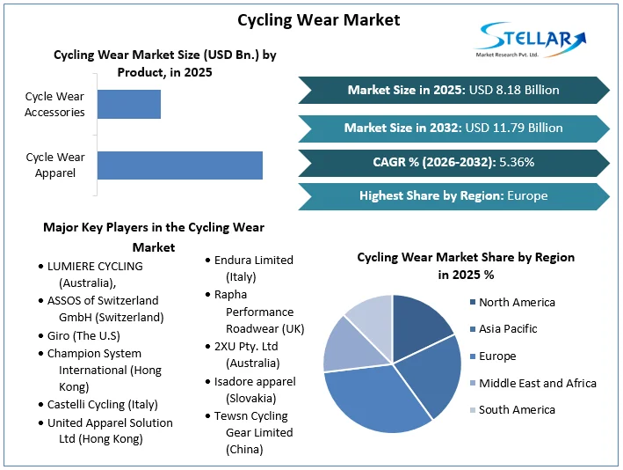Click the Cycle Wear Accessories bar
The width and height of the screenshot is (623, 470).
(128, 104)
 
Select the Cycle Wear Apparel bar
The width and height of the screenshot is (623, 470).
(179, 165)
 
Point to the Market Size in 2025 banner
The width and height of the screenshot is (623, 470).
(453, 90)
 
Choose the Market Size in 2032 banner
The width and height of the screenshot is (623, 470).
(453, 128)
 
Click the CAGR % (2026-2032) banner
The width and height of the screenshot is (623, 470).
(453, 162)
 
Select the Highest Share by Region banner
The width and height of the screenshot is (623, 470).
(453, 195)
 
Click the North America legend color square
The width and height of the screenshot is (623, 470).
(474, 303)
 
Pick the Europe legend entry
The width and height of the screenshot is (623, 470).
(497, 356)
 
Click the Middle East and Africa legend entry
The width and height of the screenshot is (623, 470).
(537, 383)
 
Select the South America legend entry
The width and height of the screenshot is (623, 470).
(517, 409)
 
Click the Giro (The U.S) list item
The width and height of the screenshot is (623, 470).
(83, 335)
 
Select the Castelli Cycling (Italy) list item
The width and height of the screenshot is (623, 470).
(102, 404)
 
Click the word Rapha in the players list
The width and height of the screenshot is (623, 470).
(231, 295)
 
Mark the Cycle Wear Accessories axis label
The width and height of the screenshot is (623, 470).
(54, 104)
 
